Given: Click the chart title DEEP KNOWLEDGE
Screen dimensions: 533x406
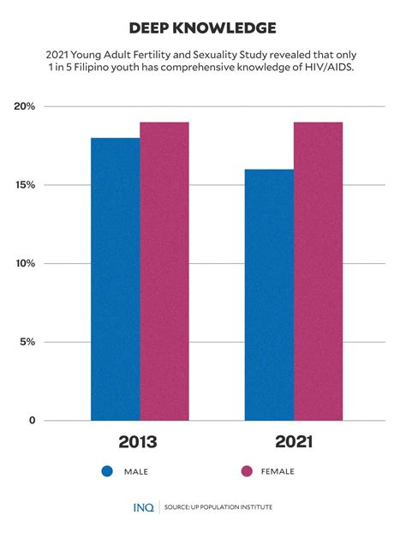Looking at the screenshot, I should pos(203,28).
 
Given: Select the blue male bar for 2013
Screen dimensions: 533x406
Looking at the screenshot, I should pos(116,278).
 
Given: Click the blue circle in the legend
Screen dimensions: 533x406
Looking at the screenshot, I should pos(108,471).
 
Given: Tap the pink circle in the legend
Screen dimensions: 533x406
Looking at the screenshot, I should pos(248,471).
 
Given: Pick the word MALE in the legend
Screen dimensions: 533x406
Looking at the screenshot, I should pos(137,471).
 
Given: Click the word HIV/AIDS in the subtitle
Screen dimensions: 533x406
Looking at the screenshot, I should pos(325,68).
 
